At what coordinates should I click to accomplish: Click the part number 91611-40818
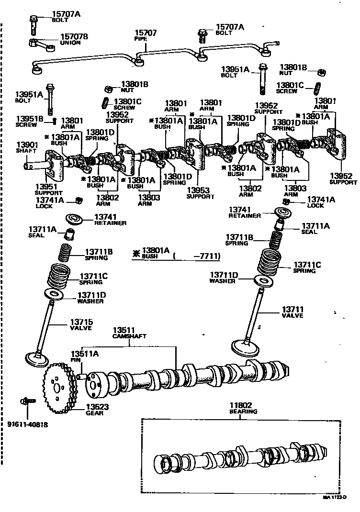click(27, 424)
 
